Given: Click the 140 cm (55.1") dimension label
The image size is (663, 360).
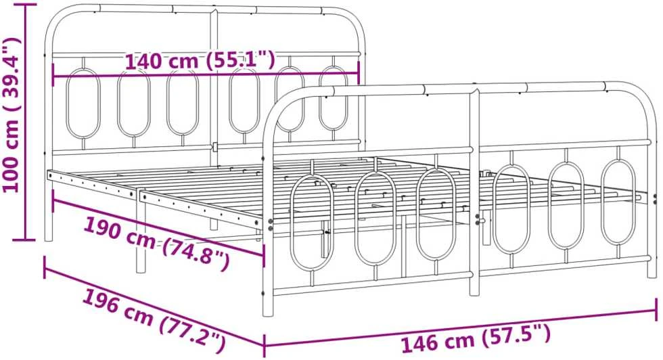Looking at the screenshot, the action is (x=200, y=60).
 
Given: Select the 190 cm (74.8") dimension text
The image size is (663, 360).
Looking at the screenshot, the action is (x=156, y=243).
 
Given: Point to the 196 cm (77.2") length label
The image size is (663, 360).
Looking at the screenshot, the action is (x=153, y=320).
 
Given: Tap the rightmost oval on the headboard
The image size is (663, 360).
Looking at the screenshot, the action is (x=333, y=98).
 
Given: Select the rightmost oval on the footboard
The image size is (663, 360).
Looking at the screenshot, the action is (x=618, y=202).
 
